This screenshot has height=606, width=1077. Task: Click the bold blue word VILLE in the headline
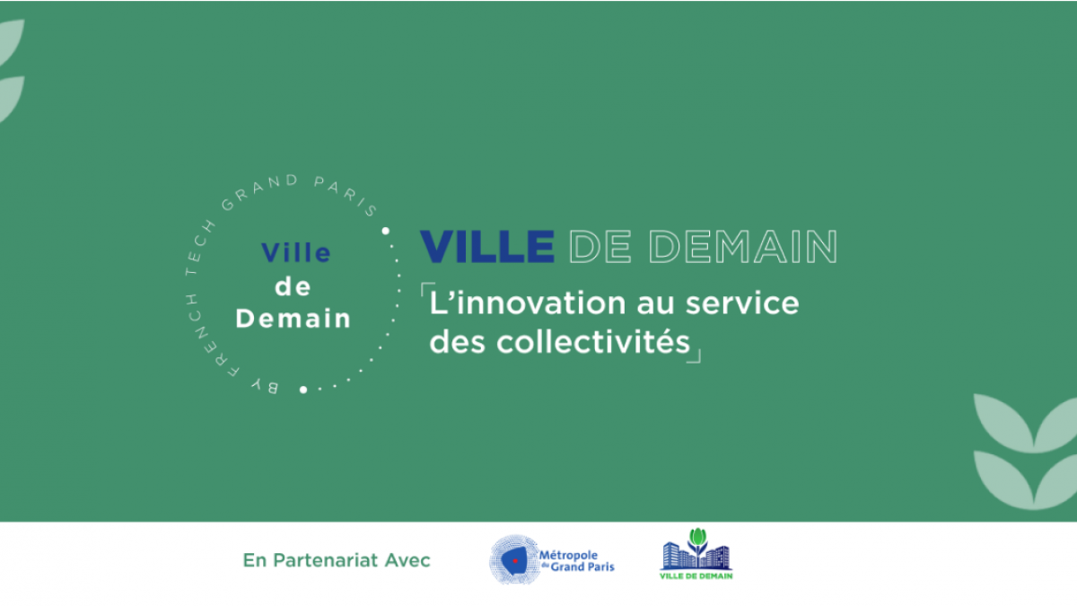[487, 246]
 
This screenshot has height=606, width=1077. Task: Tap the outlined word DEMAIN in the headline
[743, 246]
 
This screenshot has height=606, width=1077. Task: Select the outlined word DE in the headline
[600, 246]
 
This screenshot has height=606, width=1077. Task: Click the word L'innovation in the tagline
[528, 303]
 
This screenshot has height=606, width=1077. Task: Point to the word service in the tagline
[742, 303]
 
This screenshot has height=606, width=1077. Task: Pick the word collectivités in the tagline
[593, 341]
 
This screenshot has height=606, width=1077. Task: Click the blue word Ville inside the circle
[295, 252]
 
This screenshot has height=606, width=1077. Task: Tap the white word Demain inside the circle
[293, 318]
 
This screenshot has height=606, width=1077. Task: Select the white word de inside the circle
[293, 286]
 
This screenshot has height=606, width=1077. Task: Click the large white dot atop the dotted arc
[386, 231]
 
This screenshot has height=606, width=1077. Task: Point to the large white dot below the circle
[303, 390]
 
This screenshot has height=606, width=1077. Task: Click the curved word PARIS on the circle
[346, 195]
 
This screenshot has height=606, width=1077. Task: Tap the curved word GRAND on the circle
[258, 190]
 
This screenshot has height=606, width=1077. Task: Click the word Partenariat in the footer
[326, 560]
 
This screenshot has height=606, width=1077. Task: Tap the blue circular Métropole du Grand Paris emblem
[515, 560]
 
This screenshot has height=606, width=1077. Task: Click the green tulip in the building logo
[697, 540]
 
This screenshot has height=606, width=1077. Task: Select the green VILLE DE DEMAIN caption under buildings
[696, 575]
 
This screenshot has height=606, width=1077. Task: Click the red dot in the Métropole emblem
[515, 561]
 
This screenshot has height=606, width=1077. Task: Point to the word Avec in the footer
[407, 560]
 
